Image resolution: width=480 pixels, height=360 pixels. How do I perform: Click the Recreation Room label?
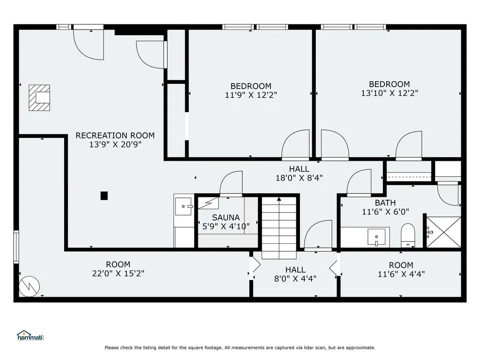115,135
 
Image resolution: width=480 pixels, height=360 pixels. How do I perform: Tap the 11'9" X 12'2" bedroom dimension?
251,95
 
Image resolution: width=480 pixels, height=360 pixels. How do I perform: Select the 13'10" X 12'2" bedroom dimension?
390,93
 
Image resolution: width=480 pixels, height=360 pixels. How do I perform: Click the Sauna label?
226,217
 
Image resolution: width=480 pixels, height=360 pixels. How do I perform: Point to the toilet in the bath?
408,235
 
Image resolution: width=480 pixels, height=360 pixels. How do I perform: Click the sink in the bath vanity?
376,237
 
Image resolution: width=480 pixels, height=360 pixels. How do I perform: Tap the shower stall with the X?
443,232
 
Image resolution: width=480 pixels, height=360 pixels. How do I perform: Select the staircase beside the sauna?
279,228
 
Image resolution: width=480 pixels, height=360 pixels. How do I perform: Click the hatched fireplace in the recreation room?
39,98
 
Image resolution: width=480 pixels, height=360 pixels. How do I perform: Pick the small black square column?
104,195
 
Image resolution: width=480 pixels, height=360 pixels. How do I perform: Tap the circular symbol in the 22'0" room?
30,286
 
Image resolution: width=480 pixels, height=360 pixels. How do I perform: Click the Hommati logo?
30,336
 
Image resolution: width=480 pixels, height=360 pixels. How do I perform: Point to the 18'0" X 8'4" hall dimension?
299,178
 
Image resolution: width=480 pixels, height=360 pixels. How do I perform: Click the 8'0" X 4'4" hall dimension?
295,278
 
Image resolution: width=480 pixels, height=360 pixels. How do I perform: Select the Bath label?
385,202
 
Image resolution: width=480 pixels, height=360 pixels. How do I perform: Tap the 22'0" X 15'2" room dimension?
118,273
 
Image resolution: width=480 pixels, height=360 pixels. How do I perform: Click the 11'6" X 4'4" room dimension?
401,274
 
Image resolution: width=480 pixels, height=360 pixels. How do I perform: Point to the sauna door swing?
231,183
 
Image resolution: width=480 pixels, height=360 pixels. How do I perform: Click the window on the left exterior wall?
16,247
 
